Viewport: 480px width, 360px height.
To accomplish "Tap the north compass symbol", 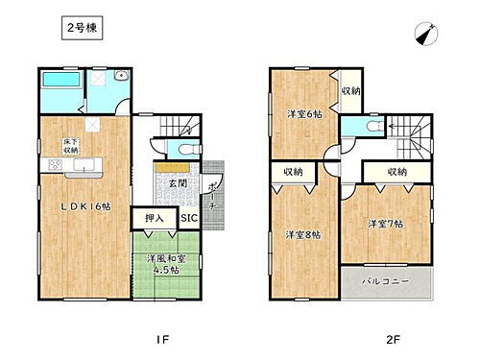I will point(424,34).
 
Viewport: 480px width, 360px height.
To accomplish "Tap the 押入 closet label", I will point(155,219).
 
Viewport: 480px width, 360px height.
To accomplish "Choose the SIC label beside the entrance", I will point(188,219).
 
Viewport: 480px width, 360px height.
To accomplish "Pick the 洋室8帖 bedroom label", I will point(300,234).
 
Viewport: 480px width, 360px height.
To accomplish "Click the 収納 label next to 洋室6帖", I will point(350,91).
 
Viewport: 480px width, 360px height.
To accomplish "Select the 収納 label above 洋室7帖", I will point(397,172).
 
